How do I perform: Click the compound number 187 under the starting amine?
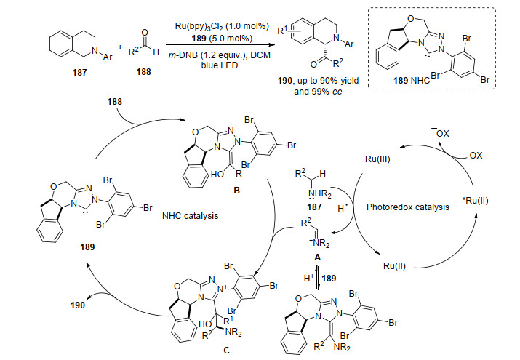(79, 72)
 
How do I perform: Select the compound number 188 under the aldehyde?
(143, 72)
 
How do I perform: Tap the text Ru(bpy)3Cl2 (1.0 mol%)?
(222, 26)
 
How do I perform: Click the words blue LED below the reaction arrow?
(219, 65)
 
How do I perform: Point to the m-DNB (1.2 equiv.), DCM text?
(219, 55)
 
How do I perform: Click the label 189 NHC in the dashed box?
(412, 80)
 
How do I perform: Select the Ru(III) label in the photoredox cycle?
(377, 159)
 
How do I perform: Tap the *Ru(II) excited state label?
(475, 201)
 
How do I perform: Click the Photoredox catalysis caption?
(407, 207)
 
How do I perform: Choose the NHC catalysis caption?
(190, 216)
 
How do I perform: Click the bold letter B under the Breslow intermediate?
(236, 191)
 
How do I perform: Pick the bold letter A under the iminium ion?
(317, 257)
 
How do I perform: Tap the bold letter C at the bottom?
(226, 351)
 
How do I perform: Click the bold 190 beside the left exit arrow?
(78, 305)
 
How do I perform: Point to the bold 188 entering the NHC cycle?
(115, 102)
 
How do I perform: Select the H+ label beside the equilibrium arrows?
(309, 278)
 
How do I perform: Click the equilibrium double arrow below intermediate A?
(317, 278)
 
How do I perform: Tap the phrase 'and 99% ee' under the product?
(318, 92)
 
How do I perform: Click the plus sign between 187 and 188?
(120, 47)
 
